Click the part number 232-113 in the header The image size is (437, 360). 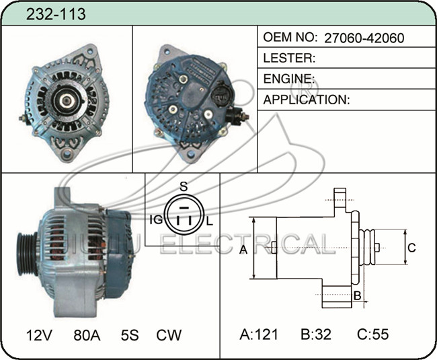[56, 14]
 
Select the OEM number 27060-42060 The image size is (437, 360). [364, 38]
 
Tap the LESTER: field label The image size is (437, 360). [289, 58]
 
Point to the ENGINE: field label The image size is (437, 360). [289, 79]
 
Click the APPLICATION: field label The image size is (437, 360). [307, 100]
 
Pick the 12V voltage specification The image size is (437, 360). [39, 335]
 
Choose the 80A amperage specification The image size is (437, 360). [87, 335]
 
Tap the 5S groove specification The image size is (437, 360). [130, 335]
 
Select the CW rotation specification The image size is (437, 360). [169, 335]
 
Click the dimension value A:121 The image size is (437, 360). [259, 334]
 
